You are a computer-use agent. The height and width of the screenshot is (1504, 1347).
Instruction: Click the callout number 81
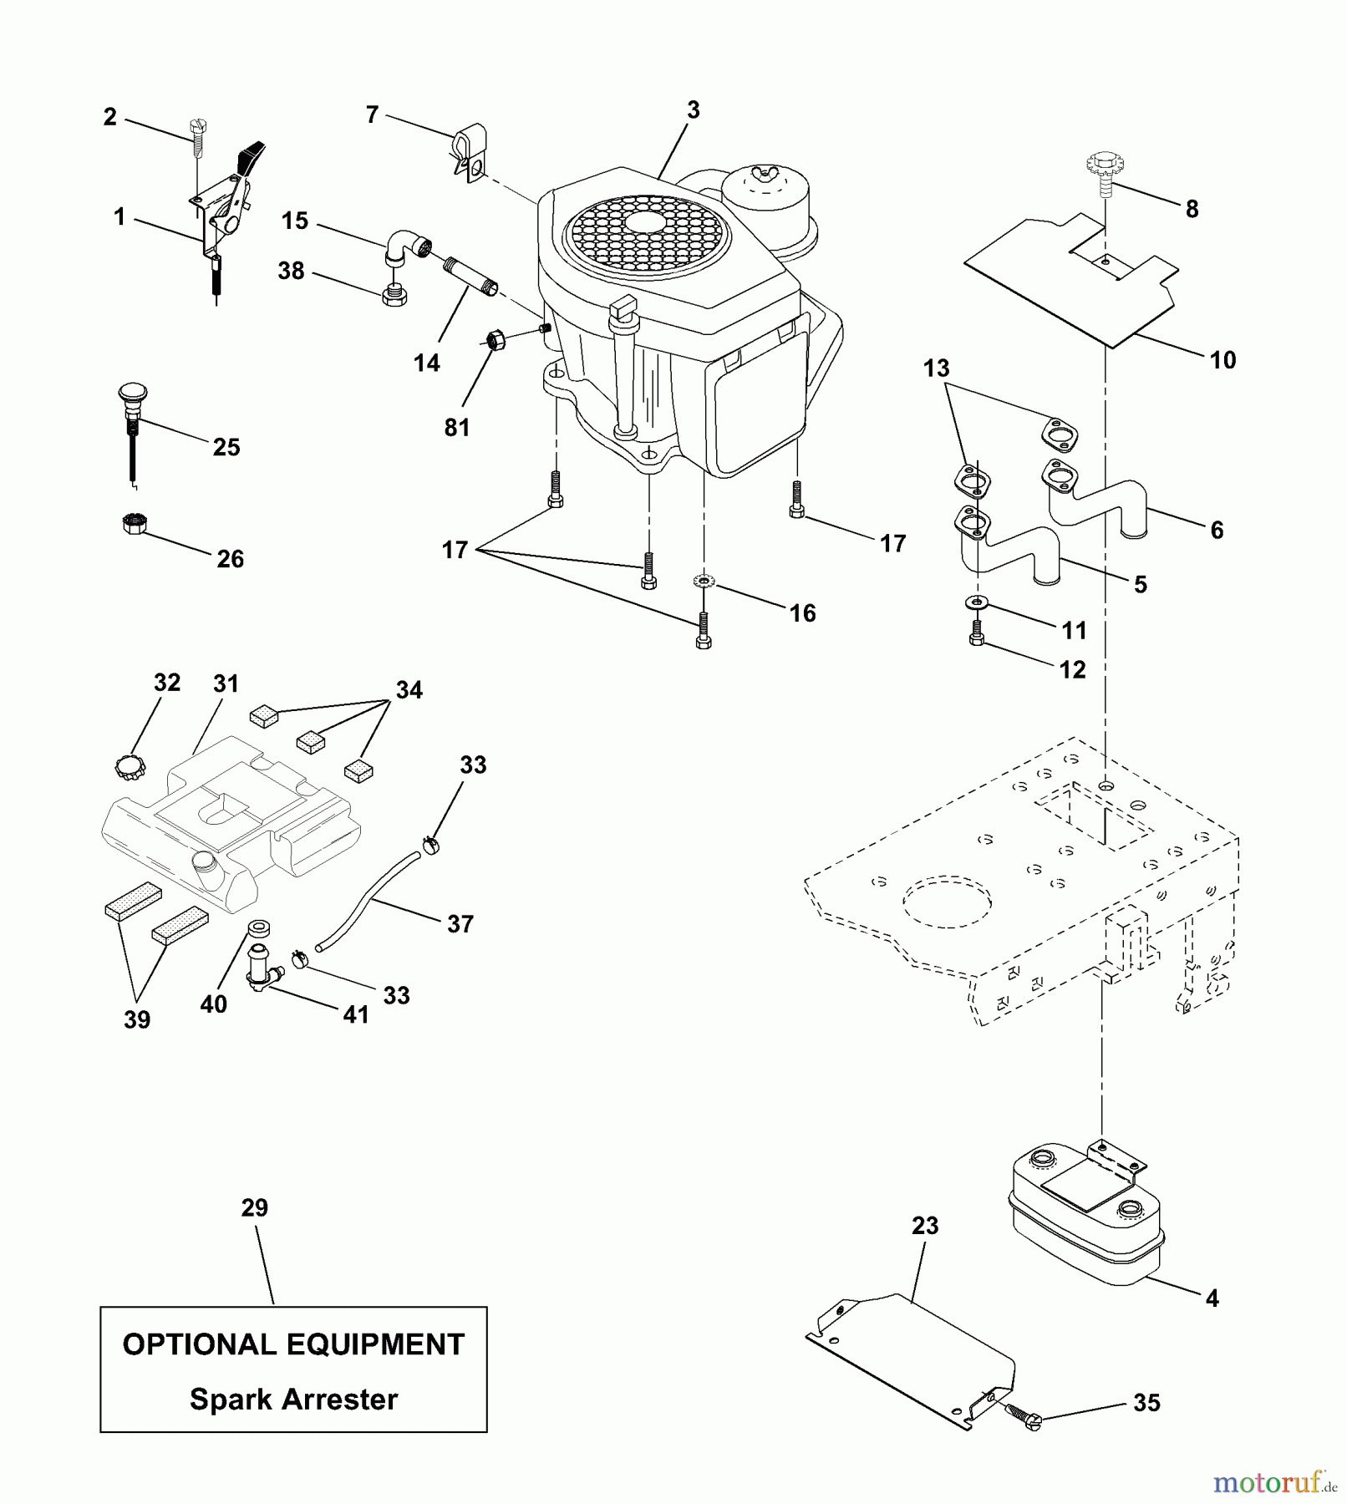(x=456, y=428)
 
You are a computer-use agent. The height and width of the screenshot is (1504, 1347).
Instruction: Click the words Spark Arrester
(x=293, y=1399)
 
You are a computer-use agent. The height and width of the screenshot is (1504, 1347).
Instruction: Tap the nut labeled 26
(x=134, y=524)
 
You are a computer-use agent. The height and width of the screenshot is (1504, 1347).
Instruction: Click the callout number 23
(x=925, y=1226)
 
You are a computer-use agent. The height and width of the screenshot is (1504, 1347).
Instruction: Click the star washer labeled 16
(x=704, y=580)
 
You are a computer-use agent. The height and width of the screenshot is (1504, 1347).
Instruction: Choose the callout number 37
(x=460, y=924)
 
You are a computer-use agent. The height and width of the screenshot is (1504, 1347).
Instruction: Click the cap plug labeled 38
(x=394, y=296)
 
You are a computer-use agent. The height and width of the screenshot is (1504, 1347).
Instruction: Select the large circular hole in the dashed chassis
(x=947, y=902)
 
